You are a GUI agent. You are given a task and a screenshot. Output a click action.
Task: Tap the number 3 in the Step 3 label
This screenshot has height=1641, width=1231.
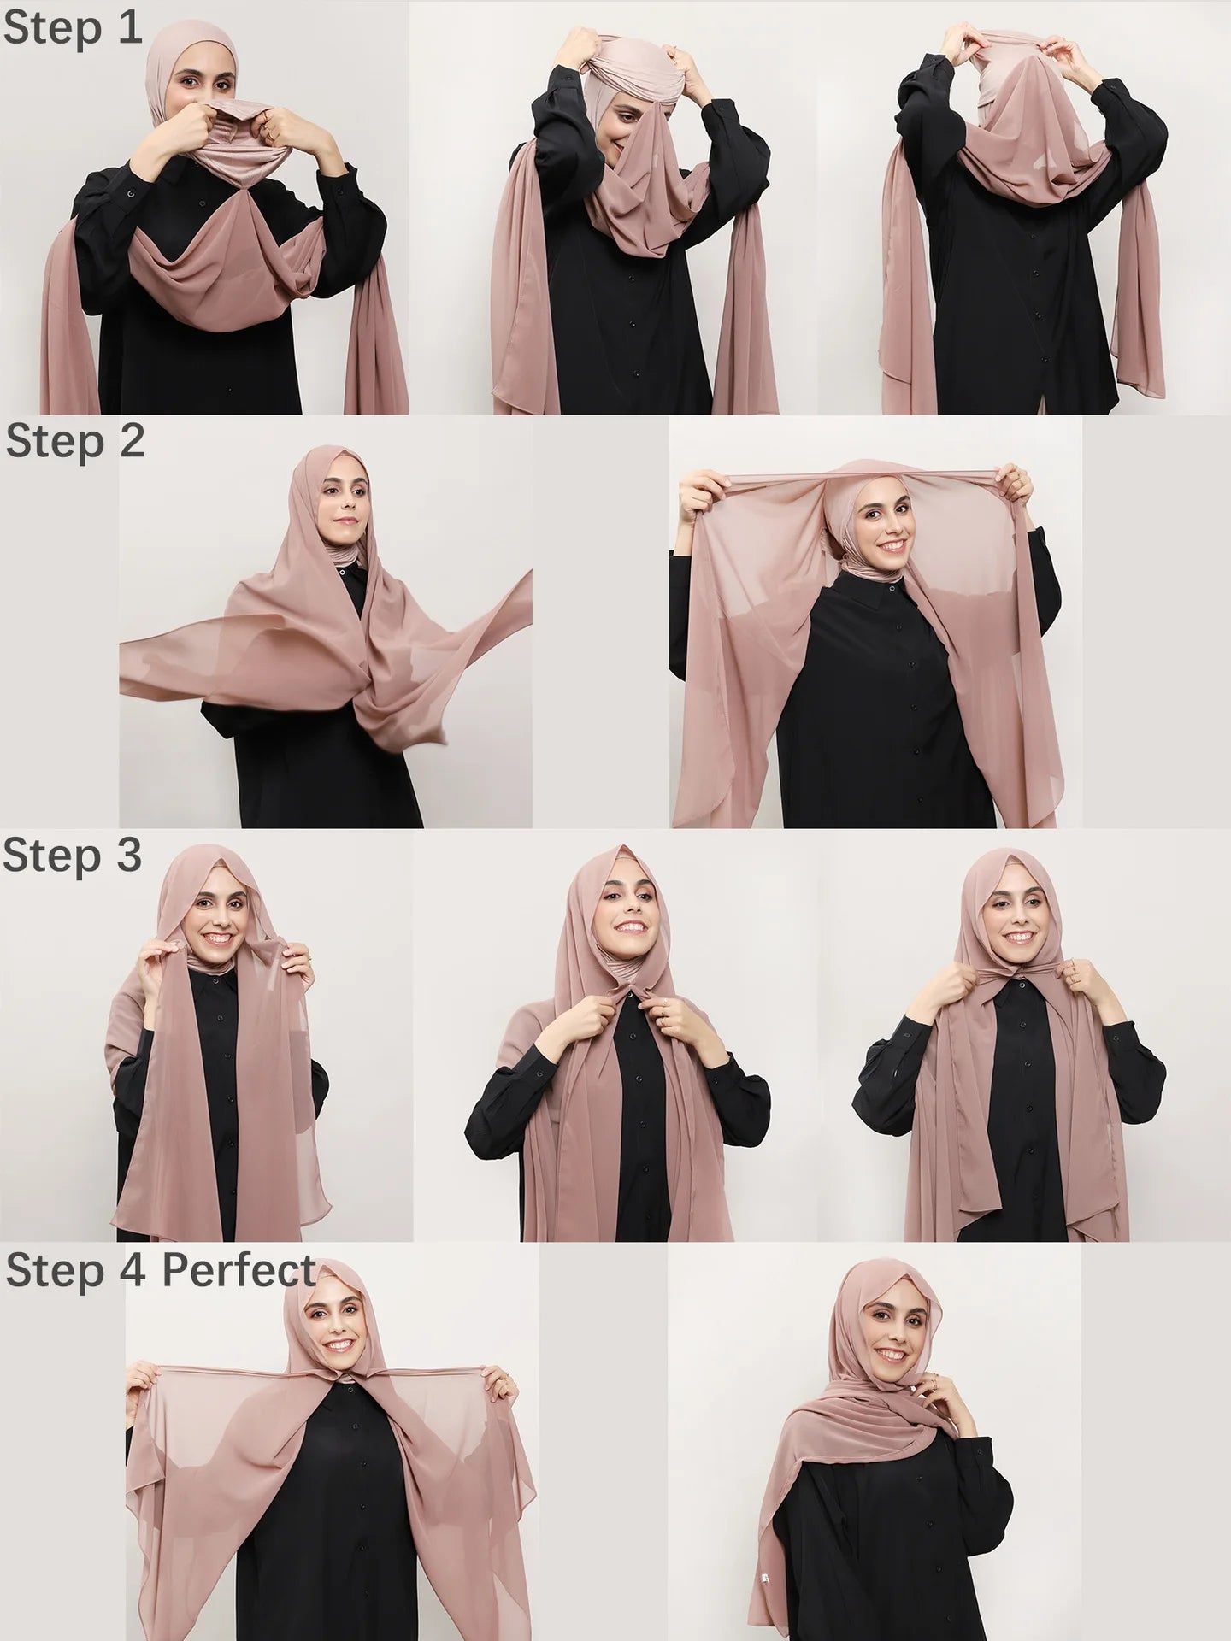tap(127, 856)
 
